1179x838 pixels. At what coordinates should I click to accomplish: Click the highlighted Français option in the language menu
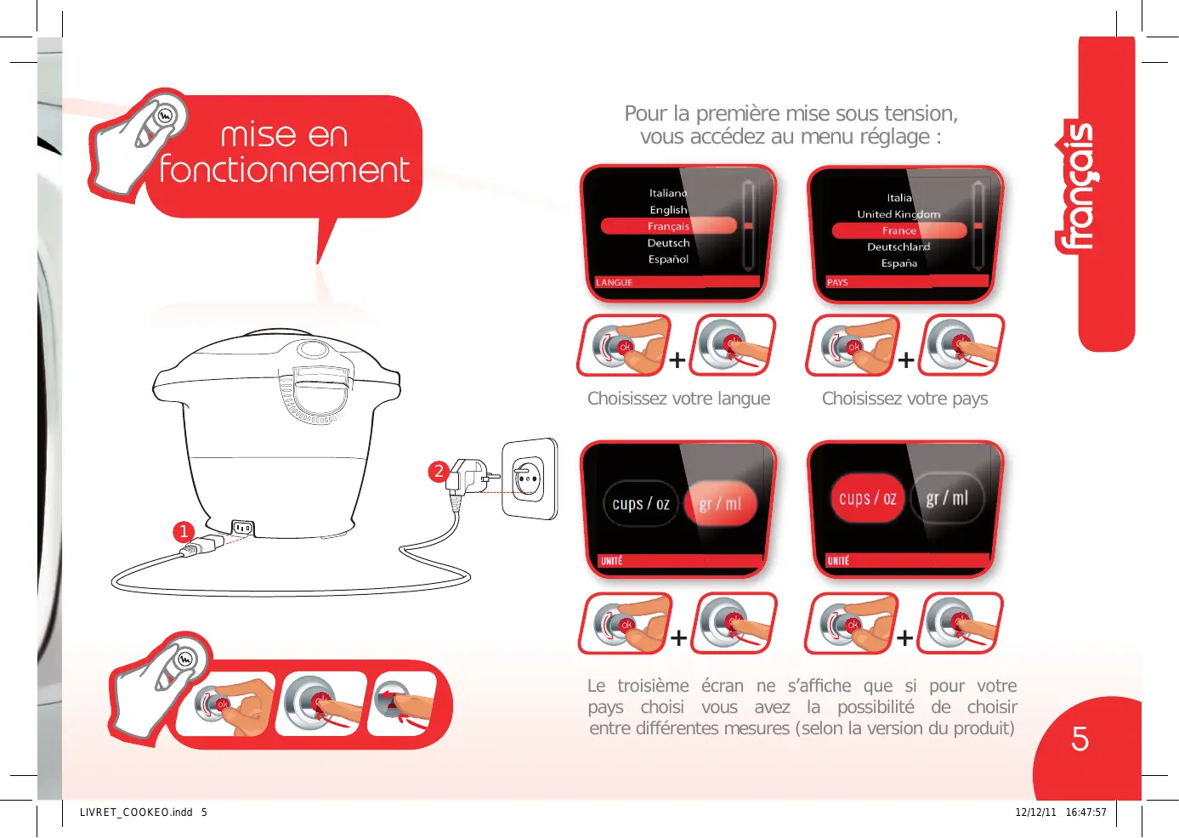pos(668,226)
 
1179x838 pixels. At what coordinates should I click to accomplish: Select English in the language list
pos(668,209)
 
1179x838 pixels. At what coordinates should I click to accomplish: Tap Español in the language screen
pos(668,259)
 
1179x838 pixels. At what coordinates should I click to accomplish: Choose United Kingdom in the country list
pos(898,214)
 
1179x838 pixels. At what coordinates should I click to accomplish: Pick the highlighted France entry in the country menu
pos(899,230)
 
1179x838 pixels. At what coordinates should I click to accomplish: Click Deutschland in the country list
pos(898,246)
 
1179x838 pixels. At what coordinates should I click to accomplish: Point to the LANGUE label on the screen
pos(615,282)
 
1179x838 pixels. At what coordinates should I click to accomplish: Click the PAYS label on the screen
pos(837,282)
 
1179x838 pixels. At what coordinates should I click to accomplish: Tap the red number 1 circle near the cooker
pos(184,531)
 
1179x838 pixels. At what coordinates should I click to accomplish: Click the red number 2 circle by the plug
pos(439,471)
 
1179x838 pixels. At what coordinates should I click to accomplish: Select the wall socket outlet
pos(529,479)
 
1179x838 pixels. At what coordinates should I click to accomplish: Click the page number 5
pos(1080,739)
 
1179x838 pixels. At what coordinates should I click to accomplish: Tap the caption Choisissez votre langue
pos(678,399)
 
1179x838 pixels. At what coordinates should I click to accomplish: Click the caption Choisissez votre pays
pos(904,399)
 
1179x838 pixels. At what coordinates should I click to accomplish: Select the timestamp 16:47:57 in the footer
pos(1085,813)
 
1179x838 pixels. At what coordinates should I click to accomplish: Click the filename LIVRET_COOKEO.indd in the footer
pos(136,813)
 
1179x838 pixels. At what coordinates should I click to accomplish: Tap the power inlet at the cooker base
pos(242,527)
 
